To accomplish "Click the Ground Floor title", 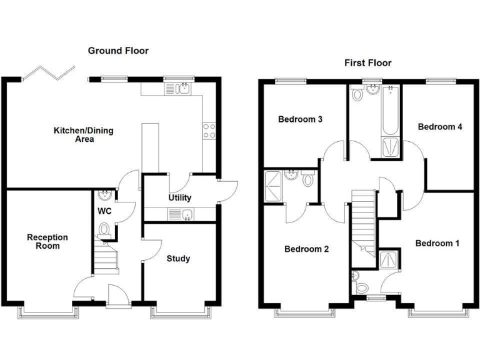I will pyautogui.click(x=118, y=51).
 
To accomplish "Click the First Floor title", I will pyautogui.click(x=367, y=62).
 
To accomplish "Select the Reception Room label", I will pyautogui.click(x=47, y=241).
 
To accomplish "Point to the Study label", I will pyautogui.click(x=179, y=258).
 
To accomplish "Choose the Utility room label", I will pyautogui.click(x=179, y=198).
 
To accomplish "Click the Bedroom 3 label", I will pyautogui.click(x=300, y=119).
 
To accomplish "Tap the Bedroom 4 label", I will pyautogui.click(x=440, y=126).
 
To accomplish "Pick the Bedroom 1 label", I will pyautogui.click(x=437, y=243).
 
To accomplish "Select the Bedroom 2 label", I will pyautogui.click(x=306, y=249).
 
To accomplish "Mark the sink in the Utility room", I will pyautogui.click(x=180, y=215).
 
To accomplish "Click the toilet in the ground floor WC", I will pyautogui.click(x=104, y=229).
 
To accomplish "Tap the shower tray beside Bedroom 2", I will pyautogui.click(x=274, y=186).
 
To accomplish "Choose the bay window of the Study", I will pyautogui.click(x=179, y=311).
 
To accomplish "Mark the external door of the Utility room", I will pyautogui.click(x=228, y=187).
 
